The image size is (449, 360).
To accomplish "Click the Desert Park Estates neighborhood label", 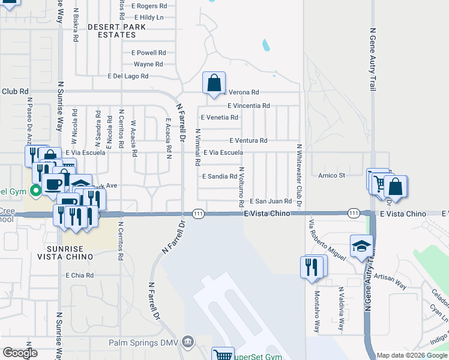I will (x=120, y=31).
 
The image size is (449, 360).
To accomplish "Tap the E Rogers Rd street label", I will (x=150, y=5).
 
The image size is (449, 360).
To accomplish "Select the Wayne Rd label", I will (x=148, y=64).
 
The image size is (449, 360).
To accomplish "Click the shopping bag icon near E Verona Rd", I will (x=214, y=83).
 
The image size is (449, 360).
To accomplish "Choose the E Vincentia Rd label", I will (x=249, y=106).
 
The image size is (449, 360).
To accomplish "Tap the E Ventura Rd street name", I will (x=248, y=140).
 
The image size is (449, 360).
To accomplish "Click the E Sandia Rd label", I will (x=220, y=176).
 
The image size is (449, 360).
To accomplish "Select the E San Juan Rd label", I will (x=271, y=202).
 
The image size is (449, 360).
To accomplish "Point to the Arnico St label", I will (x=332, y=176).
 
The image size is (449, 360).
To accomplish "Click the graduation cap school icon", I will (x=361, y=247).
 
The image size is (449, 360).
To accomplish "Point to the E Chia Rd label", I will (x=80, y=275).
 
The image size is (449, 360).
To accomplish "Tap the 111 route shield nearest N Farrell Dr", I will (x=199, y=214).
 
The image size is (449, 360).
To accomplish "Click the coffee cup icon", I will (x=52, y=184).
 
